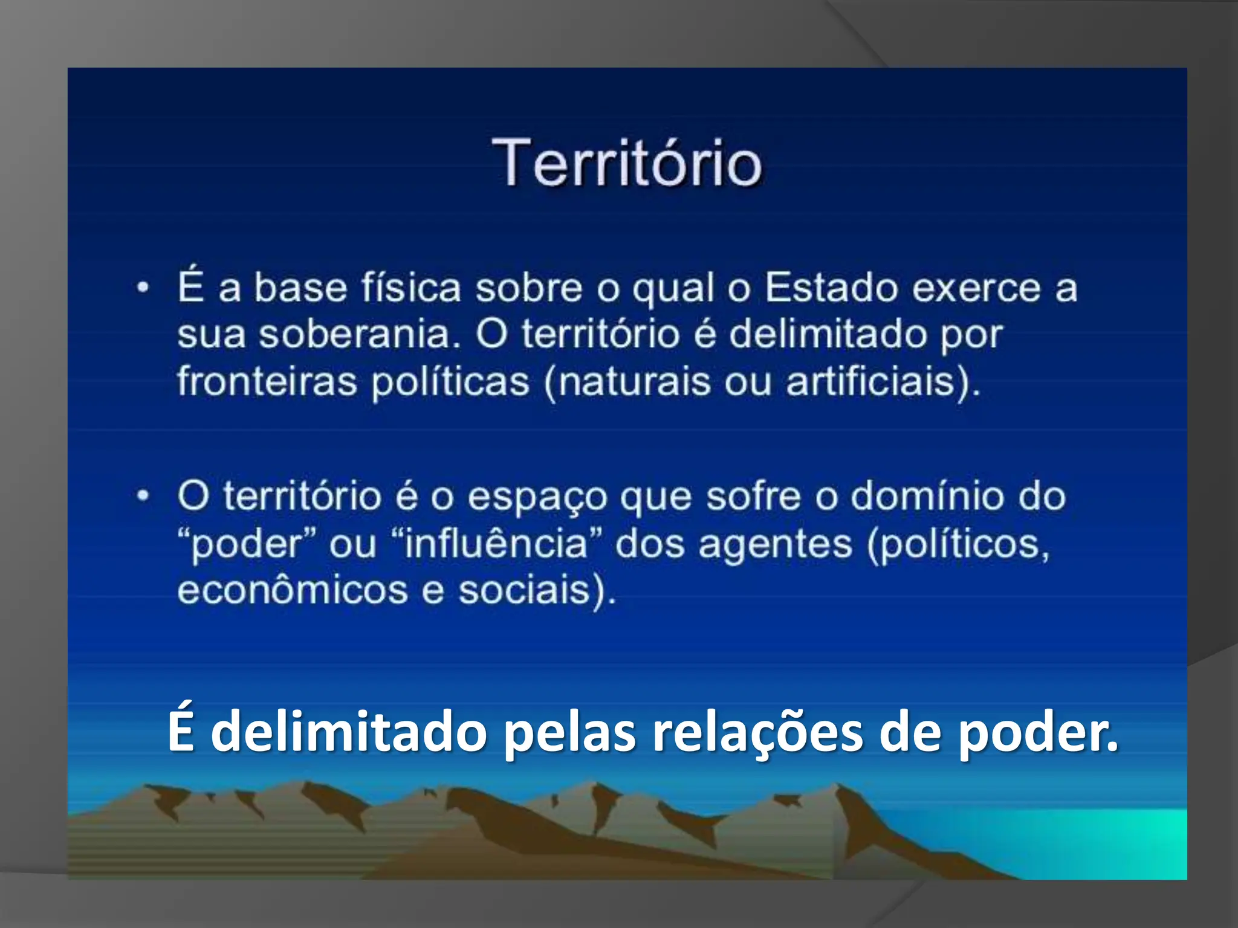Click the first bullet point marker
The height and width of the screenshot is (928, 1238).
143,288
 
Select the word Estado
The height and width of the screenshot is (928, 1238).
832,288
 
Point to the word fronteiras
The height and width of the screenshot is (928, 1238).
267,381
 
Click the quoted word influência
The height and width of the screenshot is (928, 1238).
496,543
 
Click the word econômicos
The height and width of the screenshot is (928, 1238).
293,590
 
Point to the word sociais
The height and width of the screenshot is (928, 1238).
523,590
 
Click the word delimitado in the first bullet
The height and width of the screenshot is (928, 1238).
828,334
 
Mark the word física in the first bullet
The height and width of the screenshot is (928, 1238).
411,288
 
